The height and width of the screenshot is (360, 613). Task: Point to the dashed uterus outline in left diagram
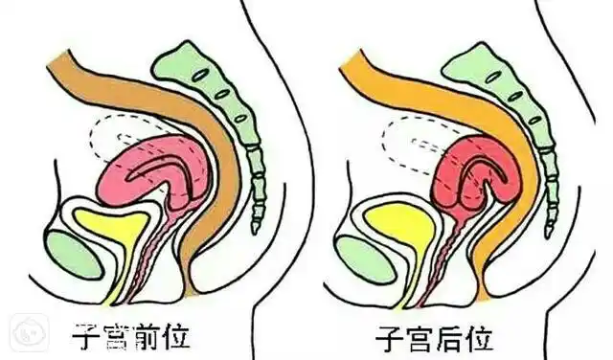105,134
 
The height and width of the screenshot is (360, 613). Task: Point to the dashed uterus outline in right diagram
397,144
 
